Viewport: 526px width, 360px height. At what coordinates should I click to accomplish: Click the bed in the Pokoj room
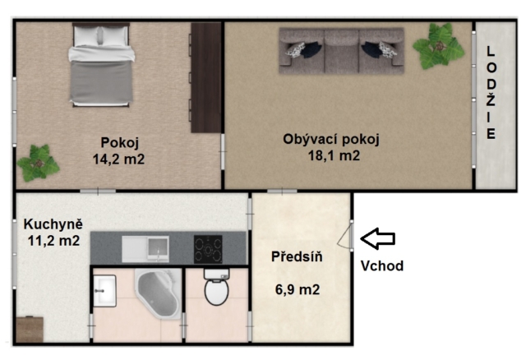coord(101,64)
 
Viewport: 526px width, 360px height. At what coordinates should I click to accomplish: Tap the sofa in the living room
coord(342,51)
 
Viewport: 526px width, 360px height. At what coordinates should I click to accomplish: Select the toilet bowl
coord(217,287)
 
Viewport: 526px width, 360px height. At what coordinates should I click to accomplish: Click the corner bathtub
coord(158,293)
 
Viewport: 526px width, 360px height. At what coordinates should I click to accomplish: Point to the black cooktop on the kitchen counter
coord(208,249)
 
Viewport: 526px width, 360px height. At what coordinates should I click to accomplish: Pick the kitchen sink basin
coord(158,248)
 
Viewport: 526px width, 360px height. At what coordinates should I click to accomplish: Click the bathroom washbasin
coord(104,291)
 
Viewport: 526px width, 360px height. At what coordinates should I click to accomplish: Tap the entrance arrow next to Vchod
coord(378,238)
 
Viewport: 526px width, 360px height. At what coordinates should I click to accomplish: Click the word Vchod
coord(382,266)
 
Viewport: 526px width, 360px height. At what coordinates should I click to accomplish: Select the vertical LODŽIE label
coord(491,93)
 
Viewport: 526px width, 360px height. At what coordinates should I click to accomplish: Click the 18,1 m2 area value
coord(334,155)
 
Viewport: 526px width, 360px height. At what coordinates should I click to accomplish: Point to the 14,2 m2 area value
coord(118,159)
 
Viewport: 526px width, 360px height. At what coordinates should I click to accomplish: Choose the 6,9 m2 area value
coord(298,289)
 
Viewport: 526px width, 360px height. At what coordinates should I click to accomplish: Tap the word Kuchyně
coord(53,224)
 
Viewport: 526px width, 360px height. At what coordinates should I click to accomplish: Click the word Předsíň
coord(297,256)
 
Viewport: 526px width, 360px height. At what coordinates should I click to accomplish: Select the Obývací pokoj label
coord(331,139)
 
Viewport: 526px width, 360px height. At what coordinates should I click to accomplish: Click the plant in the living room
coord(438,46)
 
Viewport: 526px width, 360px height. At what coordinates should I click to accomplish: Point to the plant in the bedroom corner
coord(39,163)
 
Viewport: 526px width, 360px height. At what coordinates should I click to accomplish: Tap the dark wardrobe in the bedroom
coord(206,77)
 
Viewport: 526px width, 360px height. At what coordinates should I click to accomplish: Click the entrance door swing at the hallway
coord(345,237)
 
